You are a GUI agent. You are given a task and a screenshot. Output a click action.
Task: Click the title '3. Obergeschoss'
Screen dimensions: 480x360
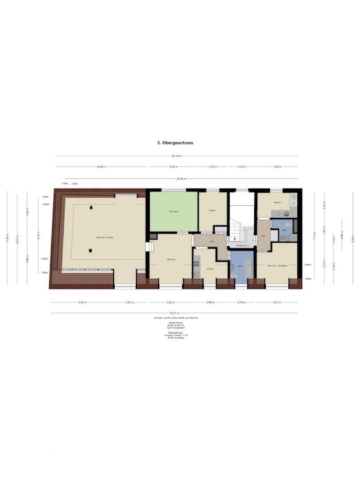point(175,143)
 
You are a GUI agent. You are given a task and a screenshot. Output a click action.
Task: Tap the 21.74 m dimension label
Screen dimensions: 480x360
point(177,156)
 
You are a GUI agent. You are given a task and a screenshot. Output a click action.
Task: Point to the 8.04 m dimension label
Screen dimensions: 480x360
point(101,167)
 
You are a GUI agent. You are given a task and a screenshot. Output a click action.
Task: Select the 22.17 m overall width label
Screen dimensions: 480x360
point(177,313)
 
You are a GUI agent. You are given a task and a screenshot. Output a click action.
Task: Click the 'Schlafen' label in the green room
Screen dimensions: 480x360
point(173,212)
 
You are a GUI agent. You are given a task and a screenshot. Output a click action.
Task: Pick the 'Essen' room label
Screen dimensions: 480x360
point(212,210)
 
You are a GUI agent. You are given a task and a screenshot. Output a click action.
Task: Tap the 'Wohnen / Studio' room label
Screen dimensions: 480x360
point(105,237)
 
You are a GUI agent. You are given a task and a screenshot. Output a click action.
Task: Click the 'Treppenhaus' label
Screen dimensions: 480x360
point(241,245)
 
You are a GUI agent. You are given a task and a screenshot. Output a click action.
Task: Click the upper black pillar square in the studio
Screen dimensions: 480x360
point(91,208)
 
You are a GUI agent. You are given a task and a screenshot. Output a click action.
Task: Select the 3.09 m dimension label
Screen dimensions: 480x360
point(210,302)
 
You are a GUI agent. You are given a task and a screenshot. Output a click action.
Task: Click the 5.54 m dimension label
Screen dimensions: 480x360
point(82,302)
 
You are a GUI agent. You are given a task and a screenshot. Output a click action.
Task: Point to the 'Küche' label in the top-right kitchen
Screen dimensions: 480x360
point(277,203)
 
